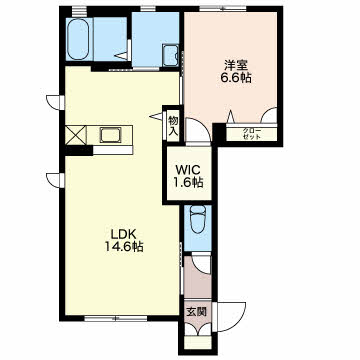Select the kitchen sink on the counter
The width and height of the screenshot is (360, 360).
tap(110, 136)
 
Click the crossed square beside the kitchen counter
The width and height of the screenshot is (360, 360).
tap(76, 135)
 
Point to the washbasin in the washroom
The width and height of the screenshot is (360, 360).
tap(170, 55)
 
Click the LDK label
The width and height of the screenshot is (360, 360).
tap(123, 234)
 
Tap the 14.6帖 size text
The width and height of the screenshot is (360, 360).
tap(124, 247)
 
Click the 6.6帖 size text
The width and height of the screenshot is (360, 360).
tap(235, 77)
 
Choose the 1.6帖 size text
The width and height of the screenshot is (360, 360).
tap(188, 182)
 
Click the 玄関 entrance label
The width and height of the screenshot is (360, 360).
tap(196, 312)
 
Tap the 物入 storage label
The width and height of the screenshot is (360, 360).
tap(173, 125)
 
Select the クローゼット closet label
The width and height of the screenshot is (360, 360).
tap(251, 133)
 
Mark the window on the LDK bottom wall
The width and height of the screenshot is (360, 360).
tap(115, 319)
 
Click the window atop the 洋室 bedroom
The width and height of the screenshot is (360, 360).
tap(223, 9)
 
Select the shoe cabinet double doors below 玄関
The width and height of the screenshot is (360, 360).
tap(198, 330)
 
